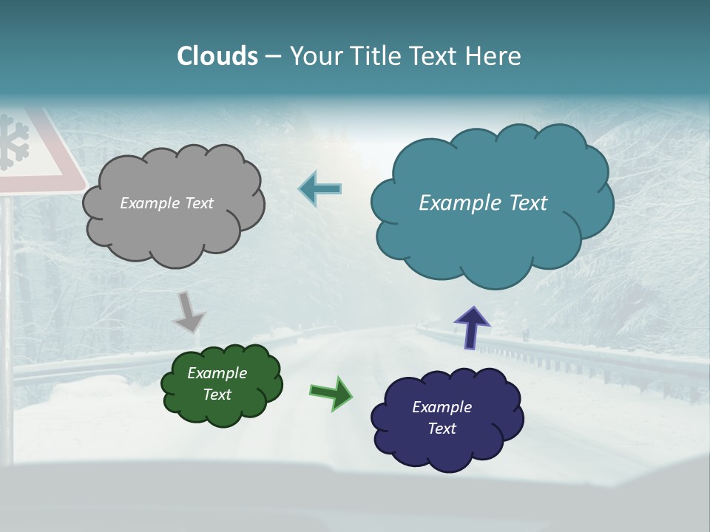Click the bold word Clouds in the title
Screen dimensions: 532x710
click(x=217, y=56)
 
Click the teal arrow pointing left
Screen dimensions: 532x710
click(x=319, y=189)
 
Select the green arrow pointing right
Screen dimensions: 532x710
click(x=331, y=392)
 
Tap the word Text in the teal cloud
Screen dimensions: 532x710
click(x=526, y=203)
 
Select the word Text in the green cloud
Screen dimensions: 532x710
click(x=217, y=395)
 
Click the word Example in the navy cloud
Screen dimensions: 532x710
click(x=442, y=407)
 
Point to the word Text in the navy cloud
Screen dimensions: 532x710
click(x=442, y=429)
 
